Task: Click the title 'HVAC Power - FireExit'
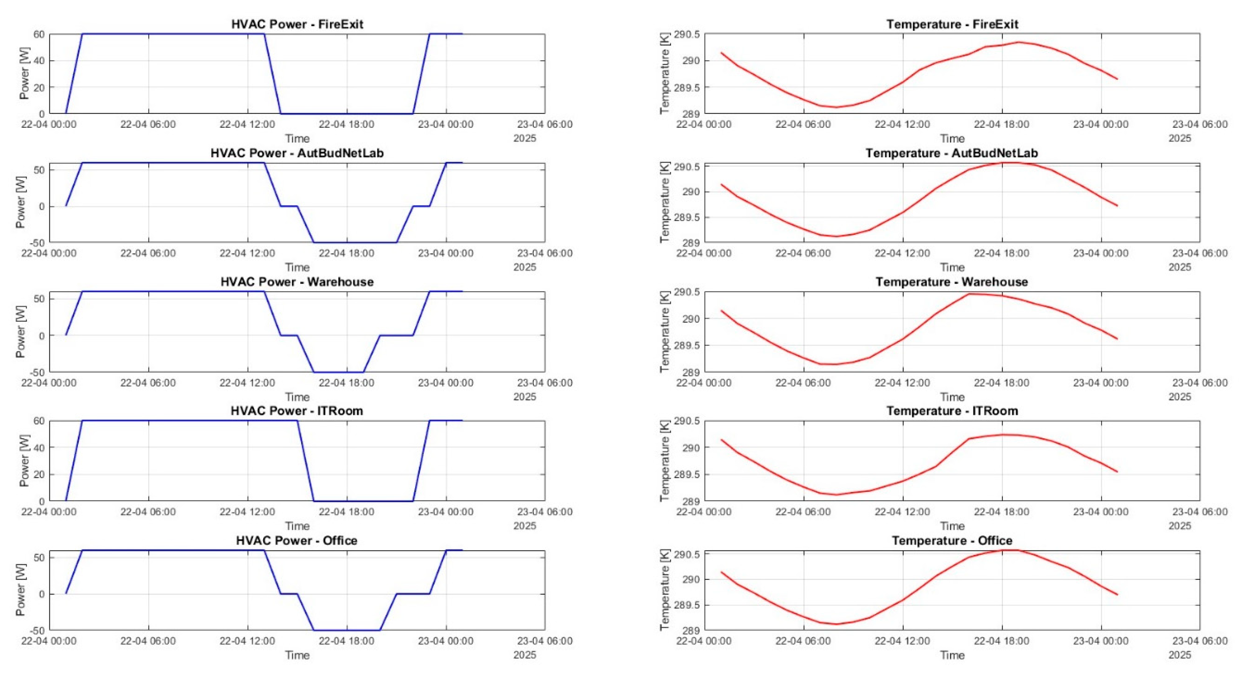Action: (x=297, y=24)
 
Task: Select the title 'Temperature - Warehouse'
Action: (x=952, y=282)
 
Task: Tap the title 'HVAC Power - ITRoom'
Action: (x=297, y=411)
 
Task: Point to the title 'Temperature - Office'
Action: (x=952, y=541)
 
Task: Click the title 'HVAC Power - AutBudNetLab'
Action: (x=297, y=153)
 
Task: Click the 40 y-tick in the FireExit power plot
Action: (x=39, y=61)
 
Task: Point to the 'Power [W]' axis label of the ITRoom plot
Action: (x=24, y=460)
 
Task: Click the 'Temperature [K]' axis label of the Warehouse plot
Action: (x=665, y=332)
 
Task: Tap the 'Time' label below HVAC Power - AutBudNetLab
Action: (x=297, y=268)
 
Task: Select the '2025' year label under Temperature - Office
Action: (x=1179, y=655)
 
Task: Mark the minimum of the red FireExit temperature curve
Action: (x=836, y=107)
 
